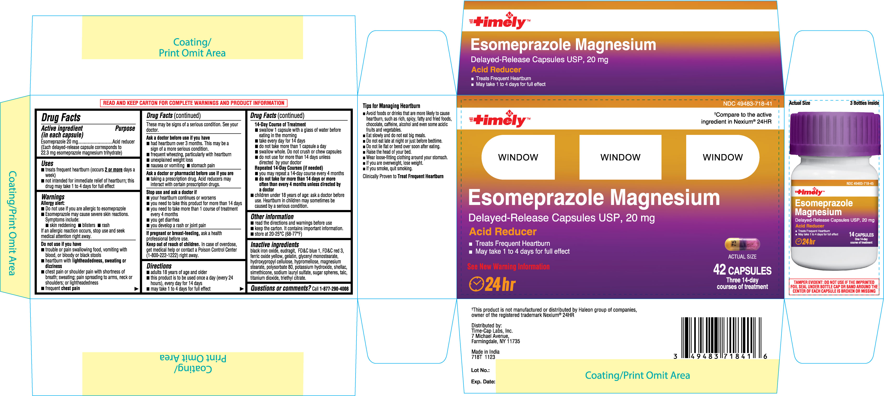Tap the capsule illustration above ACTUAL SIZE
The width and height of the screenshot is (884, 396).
tap(742, 244)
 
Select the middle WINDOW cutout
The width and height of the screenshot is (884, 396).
tap(620, 157)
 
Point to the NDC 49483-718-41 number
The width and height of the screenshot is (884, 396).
tap(747, 104)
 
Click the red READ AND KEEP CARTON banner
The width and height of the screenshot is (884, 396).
tap(193, 103)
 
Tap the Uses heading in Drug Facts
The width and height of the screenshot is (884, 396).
tap(47, 163)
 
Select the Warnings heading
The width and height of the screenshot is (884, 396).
tap(53, 197)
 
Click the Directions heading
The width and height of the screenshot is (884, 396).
tap(159, 266)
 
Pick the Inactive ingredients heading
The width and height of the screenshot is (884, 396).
tap(275, 245)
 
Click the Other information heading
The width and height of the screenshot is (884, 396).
tap(272, 217)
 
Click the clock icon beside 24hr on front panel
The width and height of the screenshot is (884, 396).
tap(476, 284)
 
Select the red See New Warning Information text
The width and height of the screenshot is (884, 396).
tap(508, 266)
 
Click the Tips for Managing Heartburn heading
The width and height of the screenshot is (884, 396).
tap(391, 106)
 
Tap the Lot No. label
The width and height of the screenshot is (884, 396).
tap(480, 370)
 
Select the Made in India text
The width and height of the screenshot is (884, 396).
tap(485, 352)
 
